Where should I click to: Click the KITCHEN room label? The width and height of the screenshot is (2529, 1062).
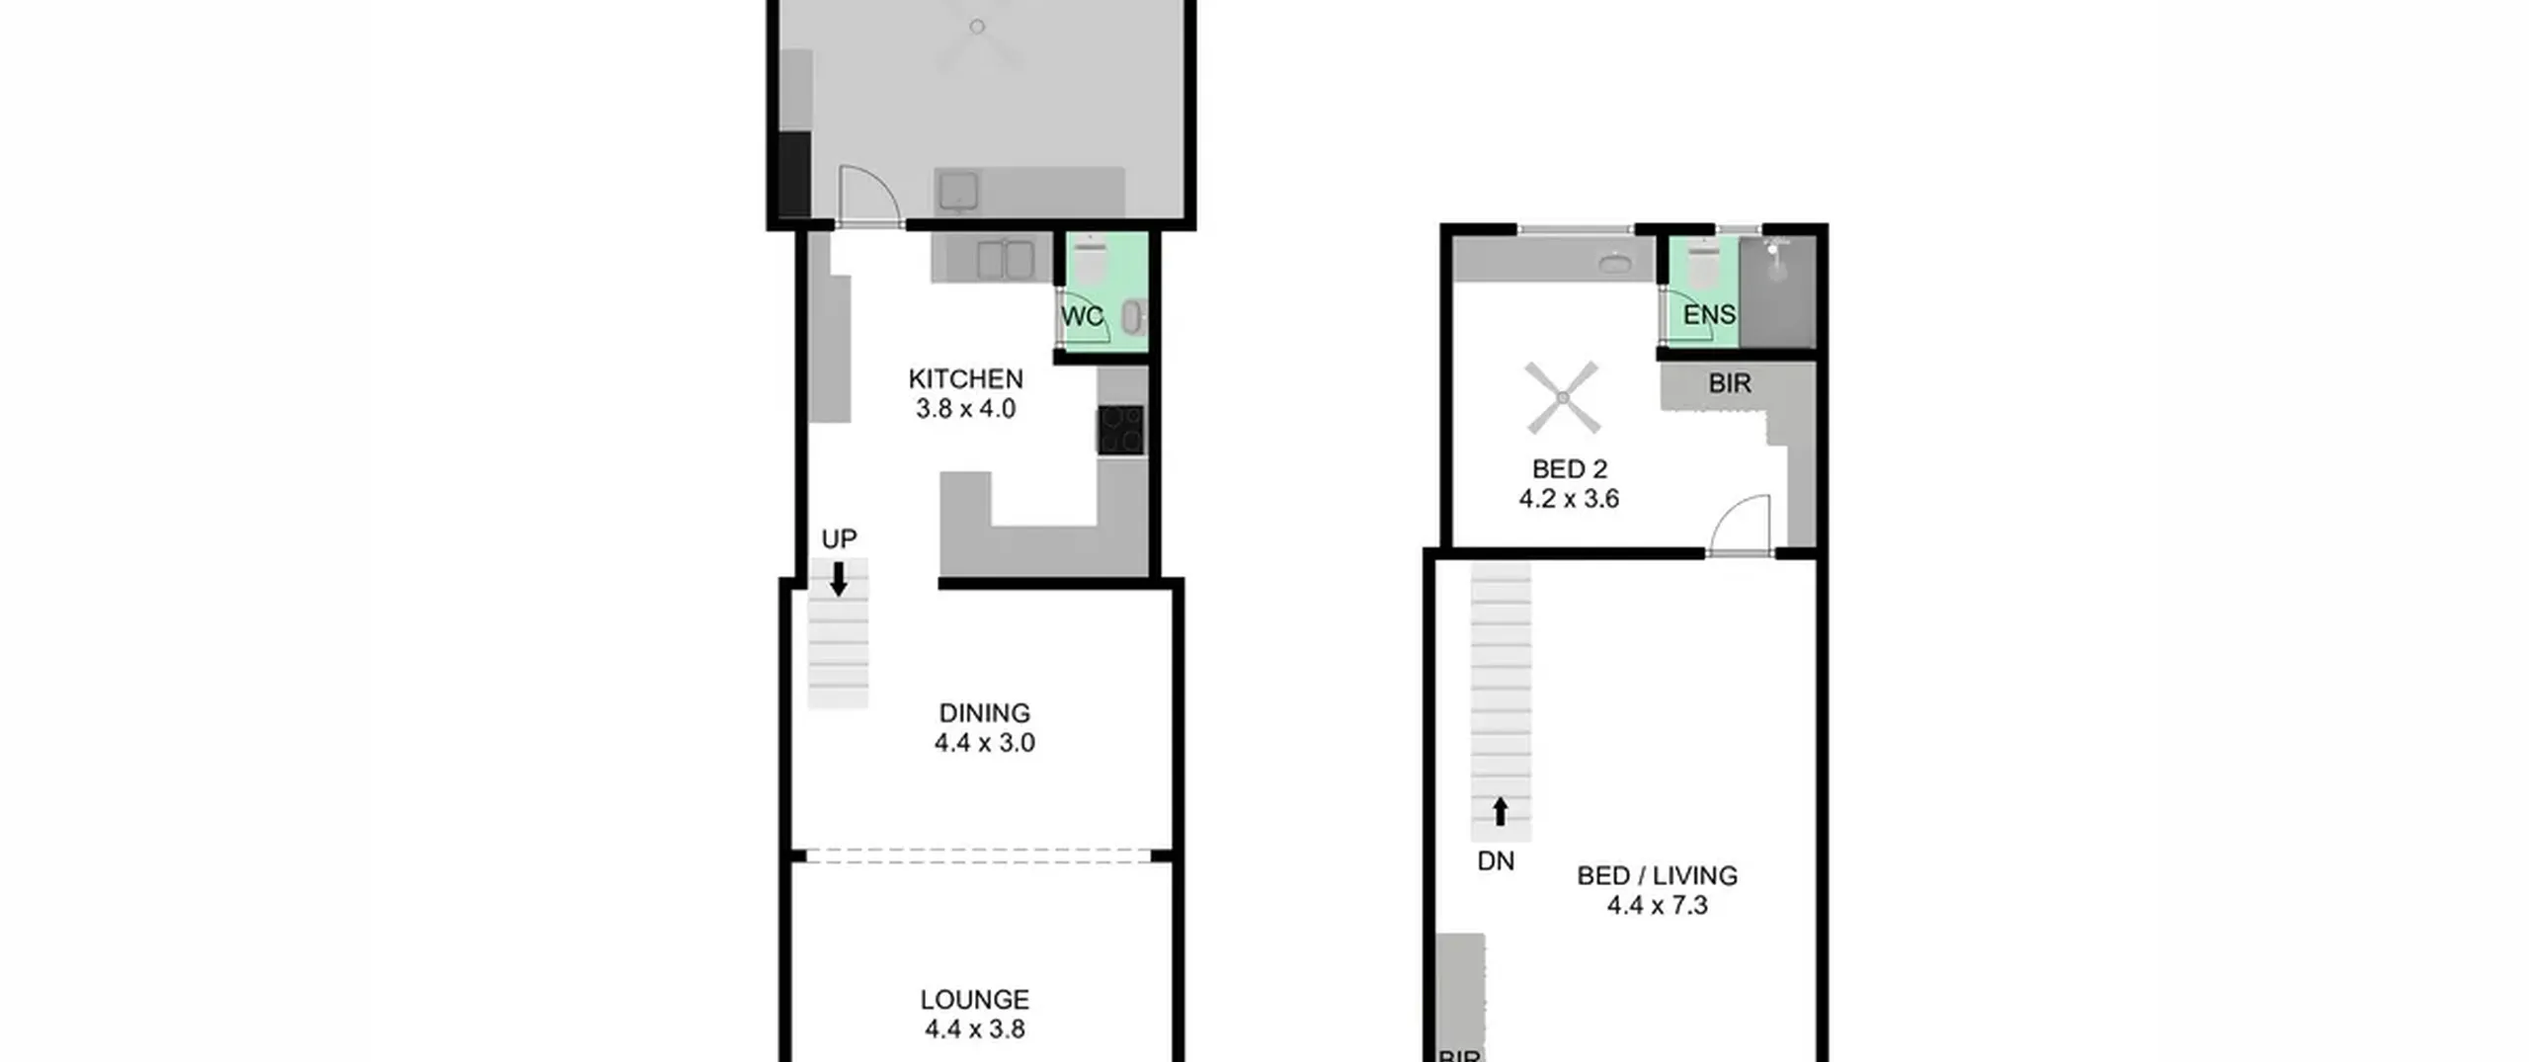[965, 379]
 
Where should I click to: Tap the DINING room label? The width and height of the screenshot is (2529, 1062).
[984, 713]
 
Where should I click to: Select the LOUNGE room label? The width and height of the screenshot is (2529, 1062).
[974, 1000]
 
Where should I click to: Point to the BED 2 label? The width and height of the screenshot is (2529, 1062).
[1569, 469]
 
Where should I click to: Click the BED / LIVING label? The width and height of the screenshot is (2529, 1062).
[1657, 875]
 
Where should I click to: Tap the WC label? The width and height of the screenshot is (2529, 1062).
[1082, 317]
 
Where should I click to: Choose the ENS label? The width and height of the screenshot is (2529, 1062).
[1709, 315]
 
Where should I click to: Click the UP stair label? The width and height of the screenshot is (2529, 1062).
[839, 539]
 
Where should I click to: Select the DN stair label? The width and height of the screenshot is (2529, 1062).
[1496, 861]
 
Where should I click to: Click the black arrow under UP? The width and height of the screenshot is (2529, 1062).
[838, 579]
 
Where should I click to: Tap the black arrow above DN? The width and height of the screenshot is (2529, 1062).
[1500, 811]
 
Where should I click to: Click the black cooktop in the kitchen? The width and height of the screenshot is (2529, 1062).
[1121, 430]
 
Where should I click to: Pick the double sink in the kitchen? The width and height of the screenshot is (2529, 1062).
[1006, 260]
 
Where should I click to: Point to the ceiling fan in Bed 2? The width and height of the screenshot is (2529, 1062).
[1562, 398]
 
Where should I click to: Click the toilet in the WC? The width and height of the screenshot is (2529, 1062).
[1090, 261]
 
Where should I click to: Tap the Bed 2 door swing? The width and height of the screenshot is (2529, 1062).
[1739, 524]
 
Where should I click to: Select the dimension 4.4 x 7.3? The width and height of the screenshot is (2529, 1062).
[1657, 905]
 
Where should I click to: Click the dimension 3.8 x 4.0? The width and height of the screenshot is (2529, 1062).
[965, 409]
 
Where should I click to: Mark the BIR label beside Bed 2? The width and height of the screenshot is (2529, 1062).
[1729, 383]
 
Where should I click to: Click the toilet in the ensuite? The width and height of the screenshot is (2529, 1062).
[1704, 266]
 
